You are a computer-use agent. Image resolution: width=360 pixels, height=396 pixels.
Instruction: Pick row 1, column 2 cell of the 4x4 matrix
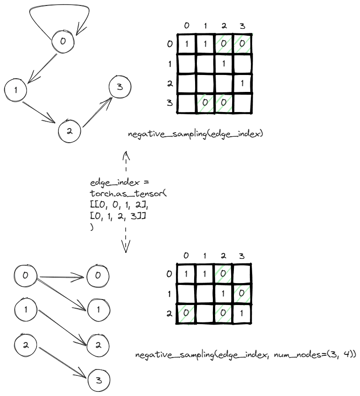pyautogui.click(x=224, y=64)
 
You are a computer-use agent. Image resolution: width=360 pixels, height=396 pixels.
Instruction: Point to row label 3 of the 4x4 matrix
pyautogui.click(x=170, y=102)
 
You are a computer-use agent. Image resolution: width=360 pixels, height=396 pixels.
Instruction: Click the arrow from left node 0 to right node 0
pyautogui.click(x=62, y=276)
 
